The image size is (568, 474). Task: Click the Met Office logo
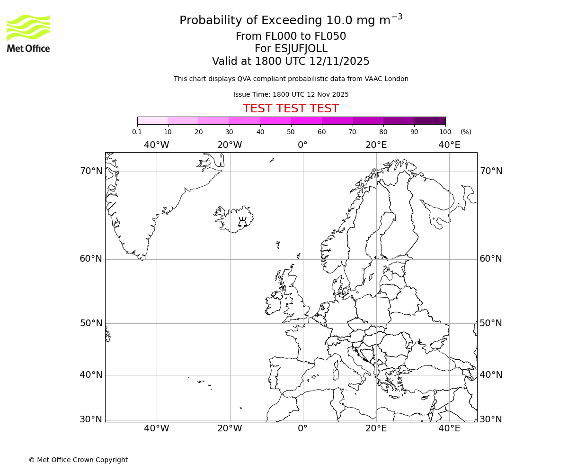[x=28, y=33]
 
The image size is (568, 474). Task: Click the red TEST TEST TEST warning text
[x=291, y=109]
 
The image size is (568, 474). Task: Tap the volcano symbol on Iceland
[x=242, y=222]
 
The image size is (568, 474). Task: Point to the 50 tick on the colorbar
[x=291, y=132]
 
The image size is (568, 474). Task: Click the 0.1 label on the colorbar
[x=137, y=132]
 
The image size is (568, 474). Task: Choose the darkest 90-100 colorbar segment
[x=430, y=120]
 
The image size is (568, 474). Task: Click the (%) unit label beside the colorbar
[x=466, y=132]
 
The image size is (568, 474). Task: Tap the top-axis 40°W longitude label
[x=157, y=145]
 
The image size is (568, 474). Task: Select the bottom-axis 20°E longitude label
[x=376, y=428]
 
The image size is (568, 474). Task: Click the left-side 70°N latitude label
[x=91, y=171]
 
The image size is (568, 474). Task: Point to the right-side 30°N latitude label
[x=491, y=419]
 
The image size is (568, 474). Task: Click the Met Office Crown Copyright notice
[x=78, y=460]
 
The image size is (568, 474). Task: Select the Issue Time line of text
[x=291, y=94]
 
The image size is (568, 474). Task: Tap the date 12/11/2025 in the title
[x=339, y=62]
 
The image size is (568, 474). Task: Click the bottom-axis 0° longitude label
[x=303, y=428]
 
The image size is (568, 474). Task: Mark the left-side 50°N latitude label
[x=91, y=323]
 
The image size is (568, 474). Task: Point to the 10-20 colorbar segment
[x=183, y=120]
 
